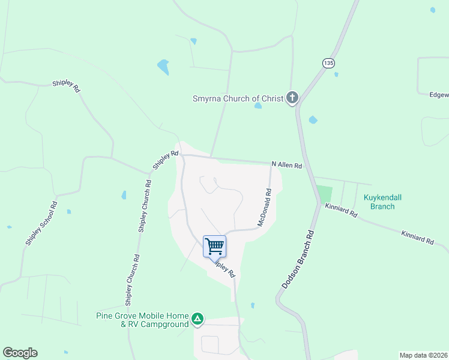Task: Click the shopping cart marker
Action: (x=214, y=245)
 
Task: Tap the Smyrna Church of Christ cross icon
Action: (x=292, y=98)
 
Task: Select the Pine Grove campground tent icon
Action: (x=198, y=320)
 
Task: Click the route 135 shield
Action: (x=328, y=63)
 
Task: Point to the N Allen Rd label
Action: (x=286, y=164)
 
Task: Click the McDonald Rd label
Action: (x=265, y=208)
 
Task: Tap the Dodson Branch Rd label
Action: (x=296, y=259)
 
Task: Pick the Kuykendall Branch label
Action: (x=379, y=202)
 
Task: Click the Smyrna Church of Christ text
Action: (x=238, y=98)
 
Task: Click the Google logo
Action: (x=20, y=353)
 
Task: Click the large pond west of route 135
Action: (x=163, y=67)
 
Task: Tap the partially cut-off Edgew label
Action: (x=439, y=94)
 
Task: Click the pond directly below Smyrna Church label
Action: (x=258, y=106)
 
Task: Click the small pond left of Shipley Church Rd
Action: (x=124, y=195)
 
